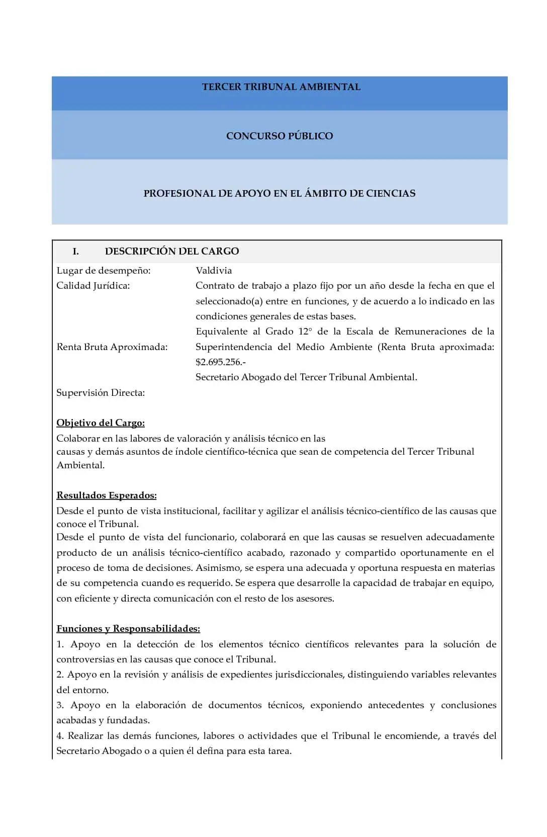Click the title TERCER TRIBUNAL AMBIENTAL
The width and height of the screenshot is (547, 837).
click(x=281, y=87)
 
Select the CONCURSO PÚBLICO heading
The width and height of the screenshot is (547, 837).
click(x=280, y=136)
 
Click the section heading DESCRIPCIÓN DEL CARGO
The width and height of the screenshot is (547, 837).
click(x=172, y=252)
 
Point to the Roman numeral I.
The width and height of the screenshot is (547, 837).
click(x=76, y=252)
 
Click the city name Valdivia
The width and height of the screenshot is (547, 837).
click(x=214, y=271)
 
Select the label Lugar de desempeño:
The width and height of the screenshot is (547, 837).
click(x=104, y=271)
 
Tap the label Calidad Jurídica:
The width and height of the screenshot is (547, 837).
click(x=93, y=286)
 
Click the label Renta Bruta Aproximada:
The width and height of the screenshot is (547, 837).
click(x=112, y=347)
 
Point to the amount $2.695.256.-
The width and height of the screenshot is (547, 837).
click(x=220, y=362)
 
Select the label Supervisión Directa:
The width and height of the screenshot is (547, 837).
click(x=101, y=393)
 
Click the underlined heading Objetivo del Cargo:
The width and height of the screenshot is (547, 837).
click(x=101, y=423)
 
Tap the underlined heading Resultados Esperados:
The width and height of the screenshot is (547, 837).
click(x=107, y=495)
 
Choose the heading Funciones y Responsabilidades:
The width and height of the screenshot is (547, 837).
click(x=128, y=629)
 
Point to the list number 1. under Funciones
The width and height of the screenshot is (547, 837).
click(x=60, y=644)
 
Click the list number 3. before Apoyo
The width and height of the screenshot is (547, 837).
click(x=60, y=705)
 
